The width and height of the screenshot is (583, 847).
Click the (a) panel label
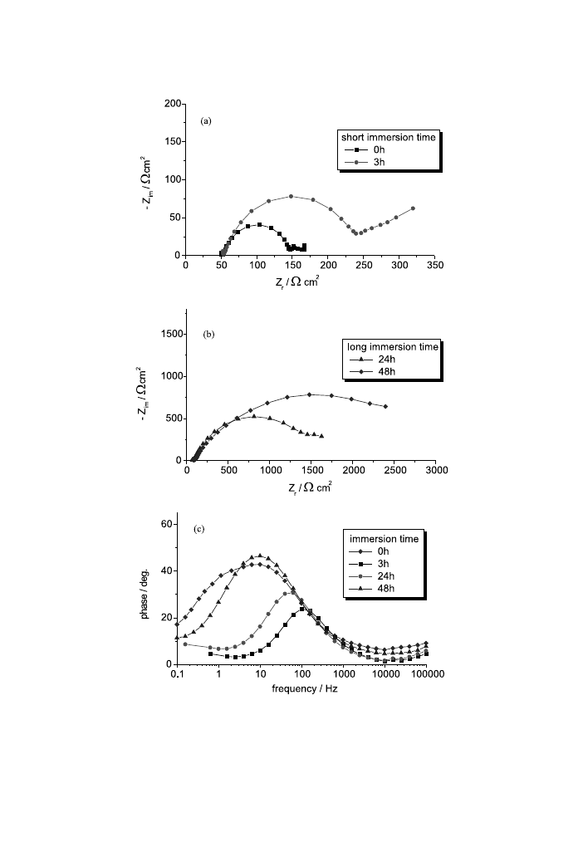coord(207,121)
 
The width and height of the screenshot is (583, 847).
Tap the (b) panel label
coord(208,335)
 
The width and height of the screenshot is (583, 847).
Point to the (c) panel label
coord(199,529)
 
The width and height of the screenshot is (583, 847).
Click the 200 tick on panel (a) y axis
coord(172,104)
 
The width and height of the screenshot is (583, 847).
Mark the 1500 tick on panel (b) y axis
coord(169,334)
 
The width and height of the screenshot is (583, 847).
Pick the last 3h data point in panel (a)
coord(413,208)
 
